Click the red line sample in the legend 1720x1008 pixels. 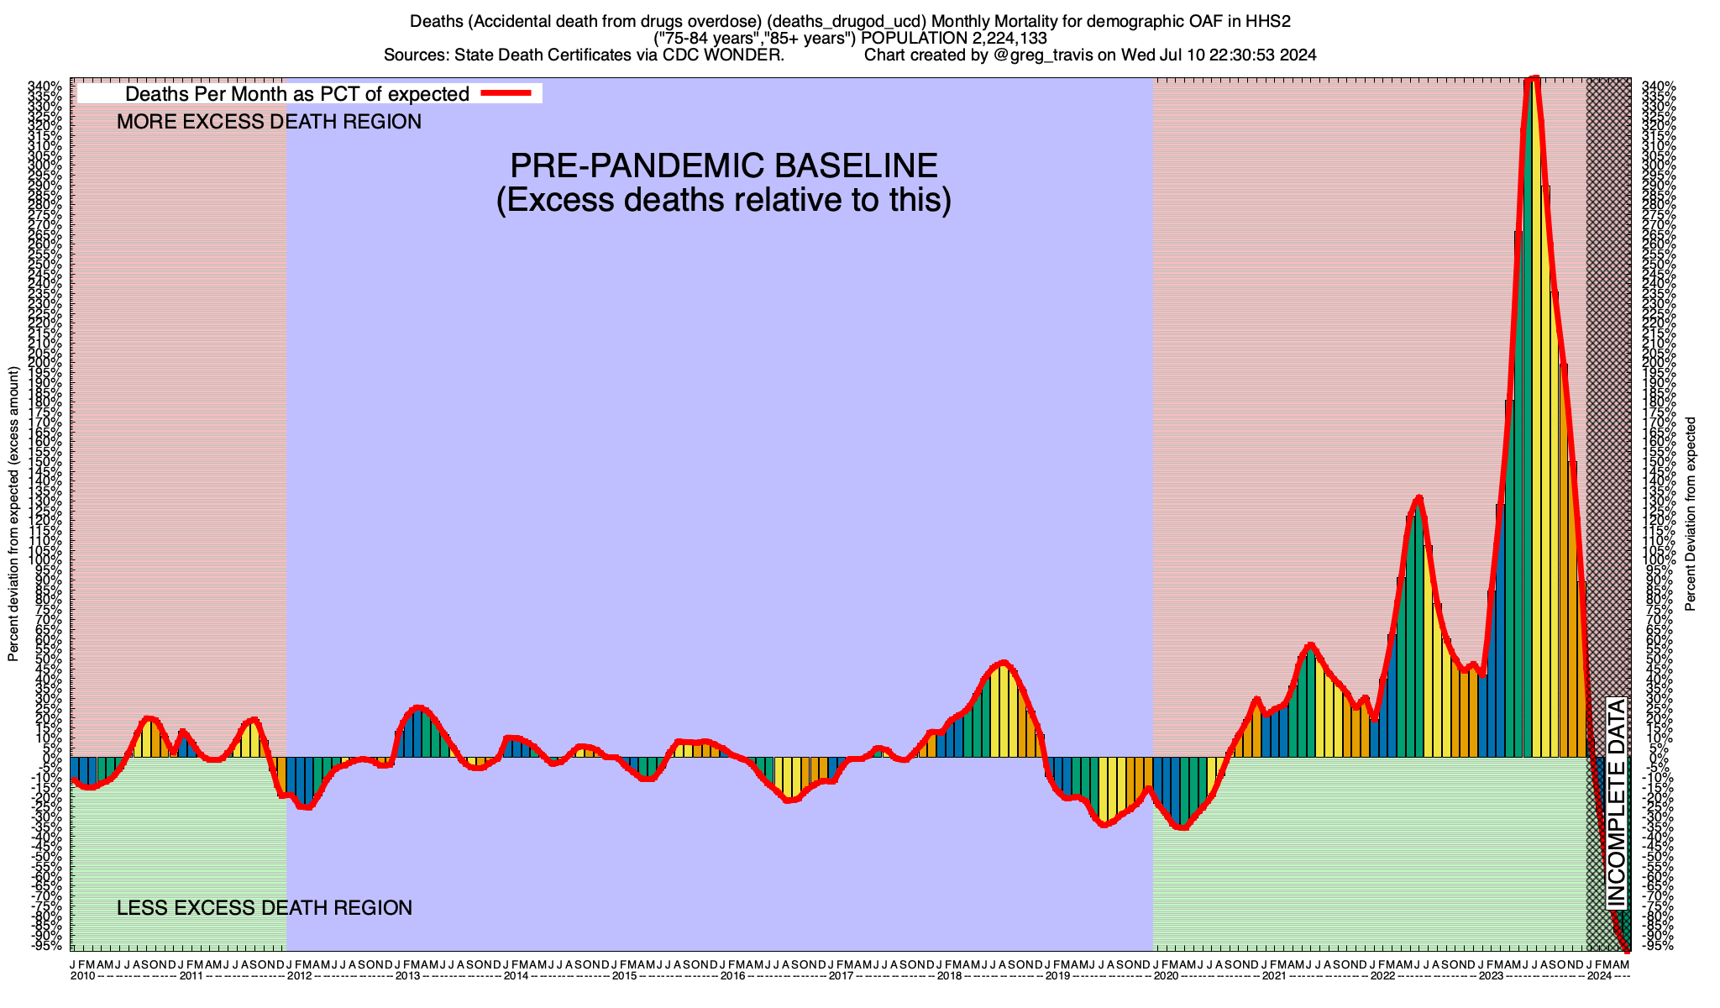(506, 93)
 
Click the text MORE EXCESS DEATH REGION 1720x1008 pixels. (269, 122)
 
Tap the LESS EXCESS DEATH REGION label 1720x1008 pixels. (265, 908)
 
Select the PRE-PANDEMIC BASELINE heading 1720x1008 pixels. (724, 165)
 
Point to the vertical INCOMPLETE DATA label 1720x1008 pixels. (1616, 802)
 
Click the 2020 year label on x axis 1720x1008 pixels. (1165, 976)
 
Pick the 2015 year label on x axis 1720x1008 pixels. (623, 976)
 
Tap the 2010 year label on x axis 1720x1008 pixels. (82, 976)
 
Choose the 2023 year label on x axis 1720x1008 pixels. (1491, 976)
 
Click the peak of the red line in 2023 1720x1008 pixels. (1534, 78)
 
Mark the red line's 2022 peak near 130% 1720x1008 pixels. (1418, 498)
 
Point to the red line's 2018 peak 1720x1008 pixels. (1003, 663)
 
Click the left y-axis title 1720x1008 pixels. (13, 514)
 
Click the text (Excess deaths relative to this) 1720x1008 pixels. (724, 201)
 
